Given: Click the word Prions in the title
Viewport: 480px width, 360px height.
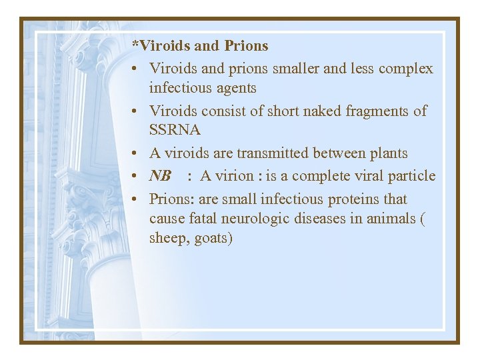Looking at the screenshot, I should [x=246, y=46].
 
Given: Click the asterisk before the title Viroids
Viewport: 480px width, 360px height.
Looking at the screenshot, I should [x=135, y=45].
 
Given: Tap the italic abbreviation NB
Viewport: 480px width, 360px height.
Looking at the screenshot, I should [x=160, y=176].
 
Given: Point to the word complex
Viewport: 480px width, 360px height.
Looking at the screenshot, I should [x=405, y=69].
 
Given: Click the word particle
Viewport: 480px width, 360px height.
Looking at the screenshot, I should [x=413, y=176].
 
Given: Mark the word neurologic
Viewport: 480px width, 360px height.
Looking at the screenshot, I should [x=257, y=218].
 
